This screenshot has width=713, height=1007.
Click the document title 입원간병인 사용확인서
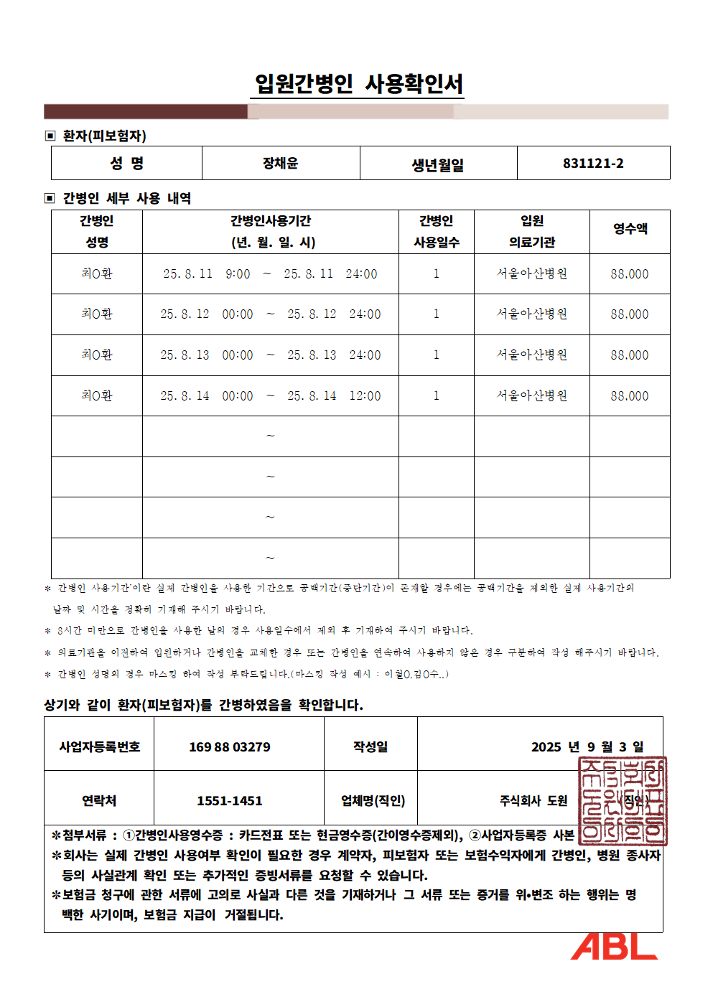[x=359, y=84]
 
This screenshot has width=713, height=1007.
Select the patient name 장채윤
[x=280, y=164]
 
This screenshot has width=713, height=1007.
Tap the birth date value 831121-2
[x=593, y=164]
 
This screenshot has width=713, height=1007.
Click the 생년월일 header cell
[x=438, y=165]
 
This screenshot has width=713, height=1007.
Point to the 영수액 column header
[x=630, y=229]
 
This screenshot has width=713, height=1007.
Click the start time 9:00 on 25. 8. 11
[x=238, y=273]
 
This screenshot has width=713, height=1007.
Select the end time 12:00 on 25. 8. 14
[x=365, y=395]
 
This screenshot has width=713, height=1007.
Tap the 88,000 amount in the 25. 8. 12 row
[x=630, y=314]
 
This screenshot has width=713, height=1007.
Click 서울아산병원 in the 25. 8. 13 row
[x=532, y=355]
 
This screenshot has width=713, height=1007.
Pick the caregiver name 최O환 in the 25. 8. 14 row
[x=97, y=395]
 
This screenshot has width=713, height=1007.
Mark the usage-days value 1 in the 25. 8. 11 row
[x=436, y=273]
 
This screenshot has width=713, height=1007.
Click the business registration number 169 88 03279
[x=230, y=747]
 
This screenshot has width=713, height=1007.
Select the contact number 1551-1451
[x=230, y=801]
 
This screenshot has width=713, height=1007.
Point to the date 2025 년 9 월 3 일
[x=587, y=747]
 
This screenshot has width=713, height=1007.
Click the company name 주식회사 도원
[x=533, y=801]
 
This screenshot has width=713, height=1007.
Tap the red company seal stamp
[x=623, y=800]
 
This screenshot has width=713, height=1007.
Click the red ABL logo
[x=614, y=946]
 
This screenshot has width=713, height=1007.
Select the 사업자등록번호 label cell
[x=99, y=747]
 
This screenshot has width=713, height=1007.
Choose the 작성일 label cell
[x=371, y=747]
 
